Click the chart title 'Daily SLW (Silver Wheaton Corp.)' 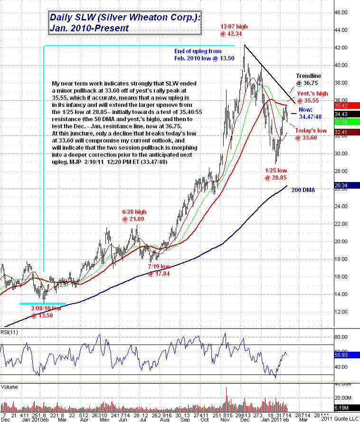coord(125,18)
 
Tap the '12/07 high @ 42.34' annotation coord(234,30)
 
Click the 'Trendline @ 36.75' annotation coord(309,79)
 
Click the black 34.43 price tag coord(349,114)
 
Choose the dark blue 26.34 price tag coord(349,186)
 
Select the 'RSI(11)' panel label coord(9,331)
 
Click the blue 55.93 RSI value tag coord(349,355)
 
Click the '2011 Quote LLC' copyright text coord(339,419)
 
